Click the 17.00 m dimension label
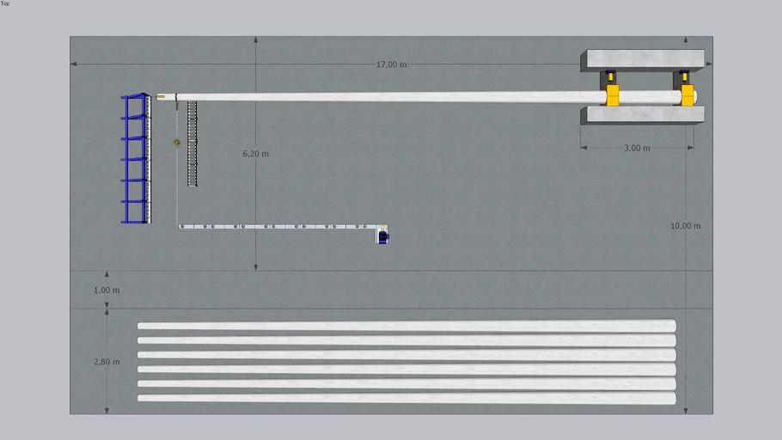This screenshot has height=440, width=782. pyautogui.click(x=391, y=64)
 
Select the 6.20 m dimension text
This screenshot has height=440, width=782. pyautogui.click(x=255, y=154)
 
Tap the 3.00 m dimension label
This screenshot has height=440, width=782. pyautogui.click(x=637, y=148)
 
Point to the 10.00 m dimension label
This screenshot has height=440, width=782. pyautogui.click(x=685, y=226)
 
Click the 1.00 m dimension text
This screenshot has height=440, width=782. pyautogui.click(x=107, y=290)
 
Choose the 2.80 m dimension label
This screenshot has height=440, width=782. pyautogui.click(x=107, y=362)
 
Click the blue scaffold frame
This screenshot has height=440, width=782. pyautogui.click(x=136, y=158)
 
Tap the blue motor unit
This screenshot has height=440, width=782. pyautogui.click(x=383, y=237)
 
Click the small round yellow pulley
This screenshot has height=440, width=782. pyautogui.click(x=177, y=143)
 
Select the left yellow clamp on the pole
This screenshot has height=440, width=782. pyautogui.click(x=612, y=95)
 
